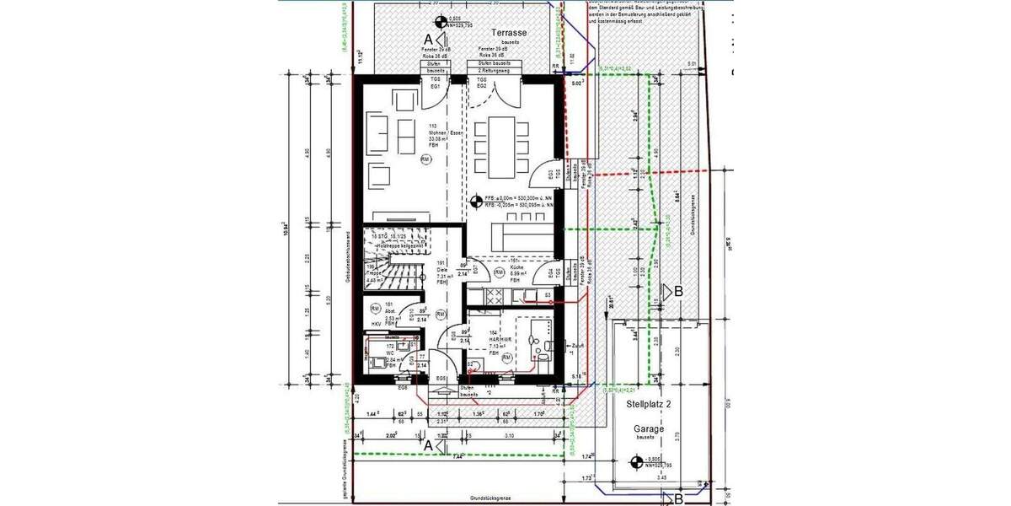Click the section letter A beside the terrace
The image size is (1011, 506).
(x=428, y=40)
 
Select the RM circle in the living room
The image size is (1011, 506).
(x=425, y=159)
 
